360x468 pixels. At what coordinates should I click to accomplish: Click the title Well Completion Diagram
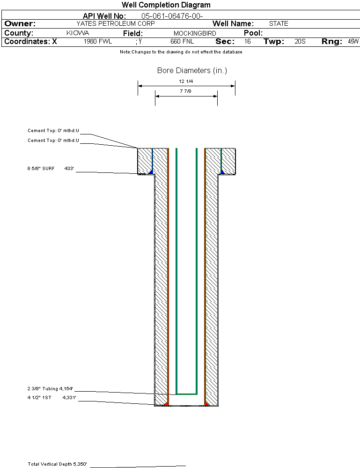tap(166, 5)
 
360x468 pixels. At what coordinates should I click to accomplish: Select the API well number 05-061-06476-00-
tap(172, 16)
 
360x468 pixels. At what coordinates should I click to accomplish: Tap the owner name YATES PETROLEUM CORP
tap(115, 23)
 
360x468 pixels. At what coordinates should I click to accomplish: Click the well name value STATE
tap(279, 23)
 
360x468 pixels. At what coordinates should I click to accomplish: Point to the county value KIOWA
tap(78, 33)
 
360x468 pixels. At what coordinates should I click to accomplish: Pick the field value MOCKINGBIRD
tap(195, 33)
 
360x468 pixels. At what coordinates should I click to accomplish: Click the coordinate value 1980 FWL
tap(98, 42)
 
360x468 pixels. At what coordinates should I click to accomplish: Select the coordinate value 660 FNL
tap(182, 42)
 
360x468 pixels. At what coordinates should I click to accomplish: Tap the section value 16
tap(247, 42)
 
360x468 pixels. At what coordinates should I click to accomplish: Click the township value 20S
tap(300, 42)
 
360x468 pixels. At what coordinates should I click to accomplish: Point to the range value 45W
tap(353, 42)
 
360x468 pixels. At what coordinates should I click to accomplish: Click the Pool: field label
tap(253, 33)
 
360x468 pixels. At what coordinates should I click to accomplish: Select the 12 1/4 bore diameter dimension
tap(186, 81)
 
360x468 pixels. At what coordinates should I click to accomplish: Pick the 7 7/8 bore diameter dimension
tap(186, 91)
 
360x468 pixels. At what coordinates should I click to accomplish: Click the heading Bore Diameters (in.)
tap(192, 71)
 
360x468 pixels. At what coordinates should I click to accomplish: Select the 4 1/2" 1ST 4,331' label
tap(51, 398)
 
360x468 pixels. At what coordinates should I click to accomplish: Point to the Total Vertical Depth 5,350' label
tap(57, 464)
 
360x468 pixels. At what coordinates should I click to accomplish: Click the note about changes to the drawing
tap(181, 52)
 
